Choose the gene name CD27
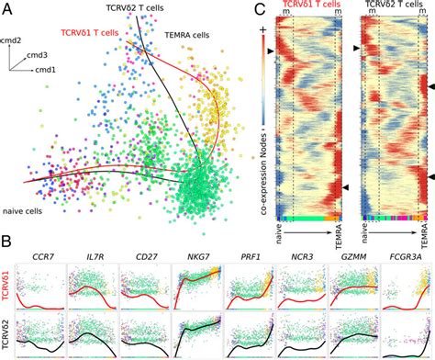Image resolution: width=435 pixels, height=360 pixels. (x=144, y=247)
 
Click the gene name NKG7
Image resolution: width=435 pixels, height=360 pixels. (x=195, y=247)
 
